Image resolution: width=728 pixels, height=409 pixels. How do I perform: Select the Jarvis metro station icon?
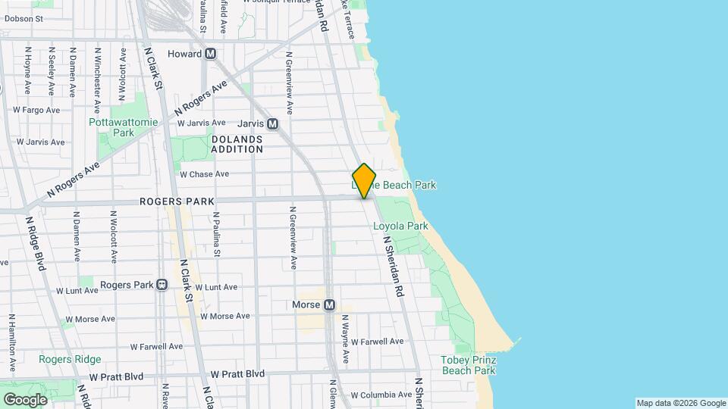[272, 123]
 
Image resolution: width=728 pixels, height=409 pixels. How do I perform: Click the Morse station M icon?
[329, 305]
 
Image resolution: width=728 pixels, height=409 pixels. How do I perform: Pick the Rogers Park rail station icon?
[161, 285]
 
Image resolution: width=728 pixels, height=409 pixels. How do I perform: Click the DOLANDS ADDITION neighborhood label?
[237, 144]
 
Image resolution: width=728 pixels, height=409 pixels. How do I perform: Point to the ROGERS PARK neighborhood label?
[177, 201]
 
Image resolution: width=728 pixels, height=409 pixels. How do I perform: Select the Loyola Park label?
[400, 226]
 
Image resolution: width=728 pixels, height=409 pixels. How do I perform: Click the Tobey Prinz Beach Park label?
[469, 365]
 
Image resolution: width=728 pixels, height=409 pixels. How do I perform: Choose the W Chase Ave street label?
[204, 173]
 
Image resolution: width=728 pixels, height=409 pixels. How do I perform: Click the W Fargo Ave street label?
[36, 110]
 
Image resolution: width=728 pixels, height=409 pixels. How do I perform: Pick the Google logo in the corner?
[25, 399]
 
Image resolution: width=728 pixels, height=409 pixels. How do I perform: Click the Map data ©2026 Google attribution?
[681, 403]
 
